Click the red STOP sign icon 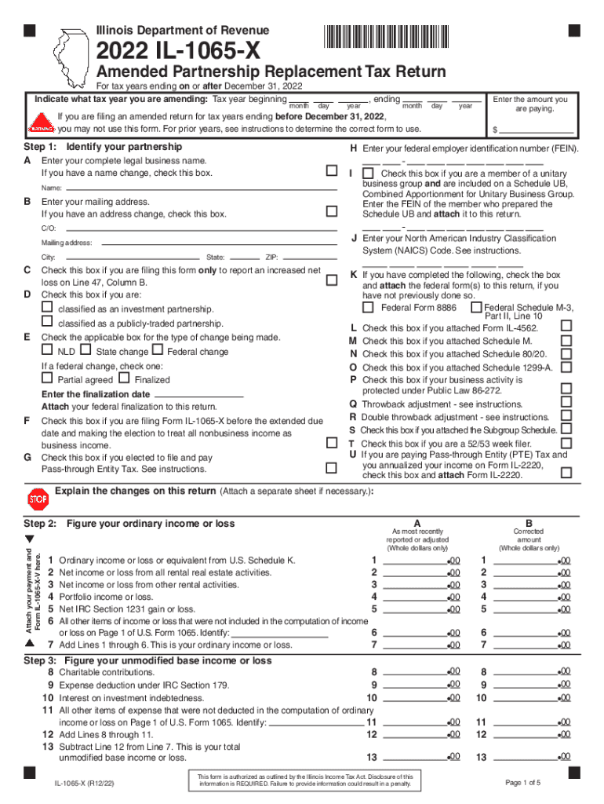(x=38, y=499)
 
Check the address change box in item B (x=331, y=211)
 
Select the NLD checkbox (x=48, y=350)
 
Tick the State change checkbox (x=86, y=350)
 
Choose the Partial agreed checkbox (x=48, y=378)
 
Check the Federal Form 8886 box (x=368, y=307)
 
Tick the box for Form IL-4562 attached (x=566, y=326)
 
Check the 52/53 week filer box (x=566, y=443)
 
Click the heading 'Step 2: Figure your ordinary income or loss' (x=129, y=524)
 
